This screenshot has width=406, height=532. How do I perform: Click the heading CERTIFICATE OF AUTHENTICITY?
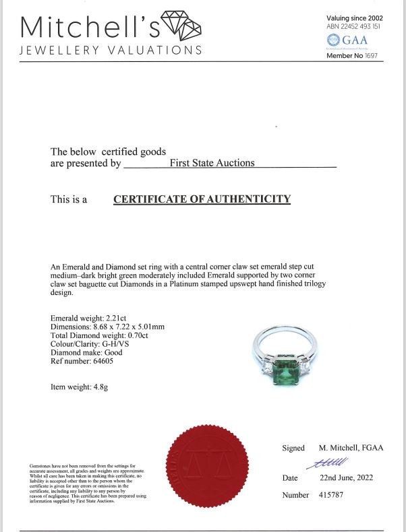202,199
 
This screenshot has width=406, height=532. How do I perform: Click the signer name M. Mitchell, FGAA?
351,448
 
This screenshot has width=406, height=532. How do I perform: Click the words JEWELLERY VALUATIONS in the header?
111,51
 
